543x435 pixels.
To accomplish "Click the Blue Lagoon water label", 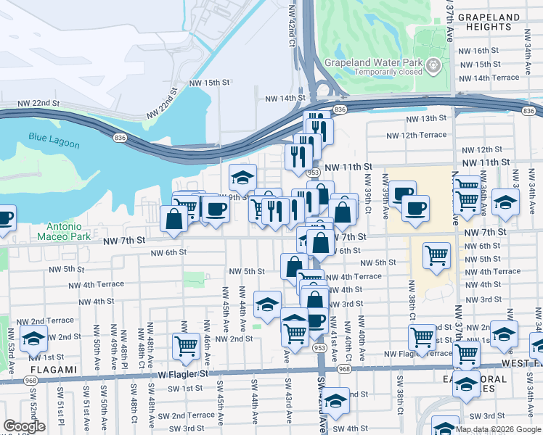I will tap(54, 139).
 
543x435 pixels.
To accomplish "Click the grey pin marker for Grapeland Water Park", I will tap(435, 66).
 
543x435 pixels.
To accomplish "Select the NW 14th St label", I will tap(285, 98).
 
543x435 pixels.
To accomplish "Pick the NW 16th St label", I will tap(478, 51).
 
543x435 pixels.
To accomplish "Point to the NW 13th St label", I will tap(425, 118).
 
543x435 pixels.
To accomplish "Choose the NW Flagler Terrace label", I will tap(419, 354).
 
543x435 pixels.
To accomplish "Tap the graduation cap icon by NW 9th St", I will tap(242, 176).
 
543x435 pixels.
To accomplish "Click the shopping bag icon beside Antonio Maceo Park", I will tap(173, 219).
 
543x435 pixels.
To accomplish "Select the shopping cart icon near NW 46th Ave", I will tap(186, 346).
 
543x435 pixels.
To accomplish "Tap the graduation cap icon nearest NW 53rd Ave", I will tap(33, 337).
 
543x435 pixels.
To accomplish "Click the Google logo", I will tap(24, 426).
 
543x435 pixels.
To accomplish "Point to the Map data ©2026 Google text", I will tap(498, 429).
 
